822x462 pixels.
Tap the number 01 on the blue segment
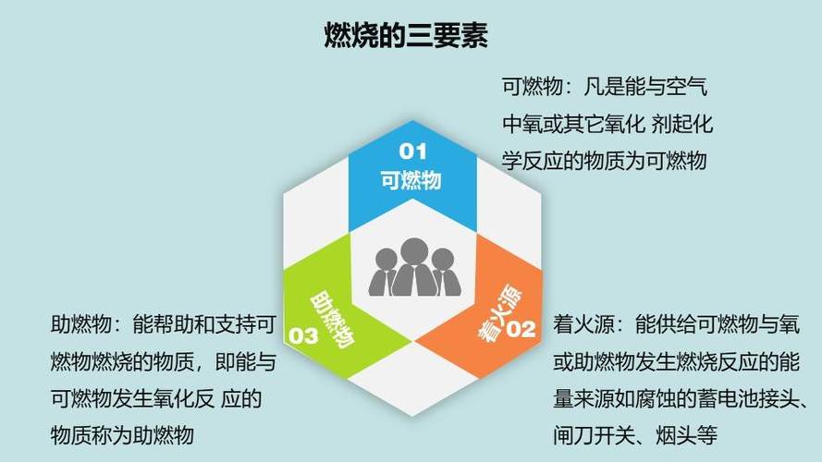point(412,150)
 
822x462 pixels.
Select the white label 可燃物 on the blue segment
point(412,179)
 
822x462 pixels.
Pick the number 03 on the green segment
point(303,335)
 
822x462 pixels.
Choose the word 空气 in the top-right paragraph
point(687,89)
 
